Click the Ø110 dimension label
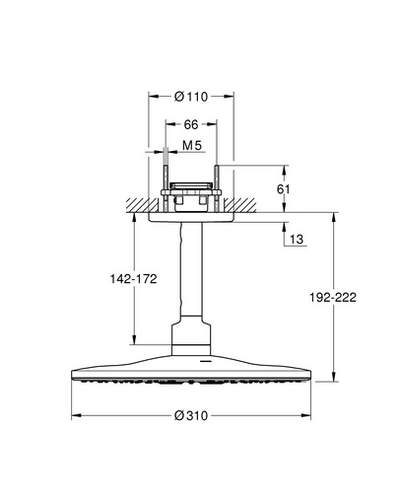(191, 97)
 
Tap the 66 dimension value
(191, 124)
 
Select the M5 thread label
(192, 145)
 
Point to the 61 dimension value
(283, 189)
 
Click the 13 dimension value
(297, 239)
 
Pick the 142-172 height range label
(133, 279)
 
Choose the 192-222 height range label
(333, 298)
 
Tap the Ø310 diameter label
(191, 416)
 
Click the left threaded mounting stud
(166, 188)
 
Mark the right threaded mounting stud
(217, 188)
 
